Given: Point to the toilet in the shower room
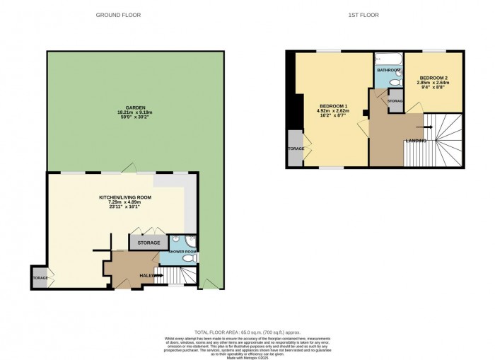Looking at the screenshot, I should point(188,260).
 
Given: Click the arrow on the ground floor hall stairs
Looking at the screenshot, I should point(152,275).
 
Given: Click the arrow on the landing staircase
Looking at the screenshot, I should point(422,127).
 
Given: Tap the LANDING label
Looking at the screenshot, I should point(416,141).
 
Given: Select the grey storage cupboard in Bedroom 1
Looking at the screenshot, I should point(295,149).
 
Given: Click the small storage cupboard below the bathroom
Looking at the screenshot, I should point(395,102).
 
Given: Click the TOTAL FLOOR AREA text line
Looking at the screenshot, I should point(247,332).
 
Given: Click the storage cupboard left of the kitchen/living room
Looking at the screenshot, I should point(40,277).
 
